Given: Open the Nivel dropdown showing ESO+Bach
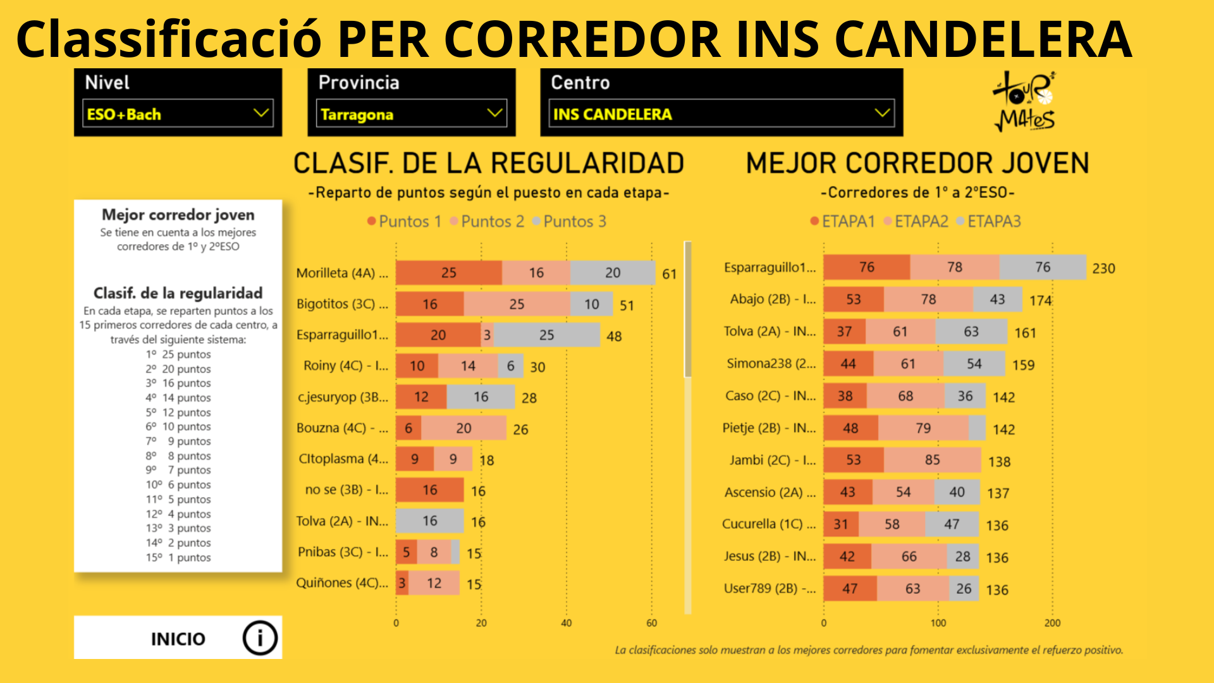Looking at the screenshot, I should pyautogui.click(x=178, y=114).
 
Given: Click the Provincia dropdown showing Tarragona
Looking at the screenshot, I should pyautogui.click(x=411, y=114).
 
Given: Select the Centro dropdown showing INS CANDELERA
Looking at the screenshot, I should pyautogui.click(x=721, y=114).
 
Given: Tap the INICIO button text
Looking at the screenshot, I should pyautogui.click(x=178, y=639).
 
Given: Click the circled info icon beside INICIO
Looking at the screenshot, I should pyautogui.click(x=260, y=637).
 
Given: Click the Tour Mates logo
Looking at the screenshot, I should pyautogui.click(x=1024, y=101).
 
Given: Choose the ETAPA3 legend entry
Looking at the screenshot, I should pyautogui.click(x=993, y=221).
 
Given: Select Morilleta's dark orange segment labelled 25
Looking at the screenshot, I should pyautogui.click(x=448, y=273).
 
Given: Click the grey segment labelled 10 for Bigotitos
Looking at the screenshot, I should pyautogui.click(x=591, y=304).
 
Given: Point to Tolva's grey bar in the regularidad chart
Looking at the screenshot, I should pyautogui.click(x=429, y=521).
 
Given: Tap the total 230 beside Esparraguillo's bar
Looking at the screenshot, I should pyautogui.click(x=1103, y=268).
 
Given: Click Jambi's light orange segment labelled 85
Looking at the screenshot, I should pyautogui.click(x=932, y=460).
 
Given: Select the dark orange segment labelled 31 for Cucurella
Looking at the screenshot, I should pyautogui.click(x=840, y=524).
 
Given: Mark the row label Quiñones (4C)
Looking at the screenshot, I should pyautogui.click(x=342, y=583).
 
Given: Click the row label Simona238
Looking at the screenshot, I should pyautogui.click(x=771, y=364).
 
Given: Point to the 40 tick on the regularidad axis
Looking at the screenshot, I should pyautogui.click(x=567, y=623).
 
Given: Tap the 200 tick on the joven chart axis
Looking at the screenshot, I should pyautogui.click(x=1052, y=623).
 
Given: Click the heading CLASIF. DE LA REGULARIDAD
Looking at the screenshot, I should pyautogui.click(x=488, y=163).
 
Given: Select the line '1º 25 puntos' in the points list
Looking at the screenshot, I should pyautogui.click(x=178, y=354).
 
